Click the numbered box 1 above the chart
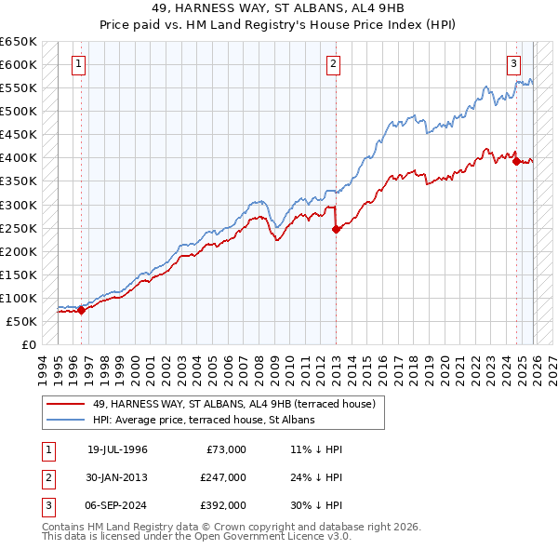pyautogui.click(x=78, y=64)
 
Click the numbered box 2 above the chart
pyautogui.click(x=333, y=64)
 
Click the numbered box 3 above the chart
pyautogui.click(x=513, y=64)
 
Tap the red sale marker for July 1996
pyautogui.click(x=81, y=311)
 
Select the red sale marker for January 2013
pyautogui.click(x=336, y=230)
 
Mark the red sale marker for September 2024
pyautogui.click(x=516, y=162)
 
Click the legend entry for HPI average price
pyautogui.click(x=204, y=420)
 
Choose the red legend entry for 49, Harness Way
pyautogui.click(x=233, y=404)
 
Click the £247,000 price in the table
pyautogui.click(x=222, y=477)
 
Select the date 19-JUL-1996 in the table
pyautogui.click(x=117, y=449)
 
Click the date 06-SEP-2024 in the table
pyautogui.click(x=117, y=505)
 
